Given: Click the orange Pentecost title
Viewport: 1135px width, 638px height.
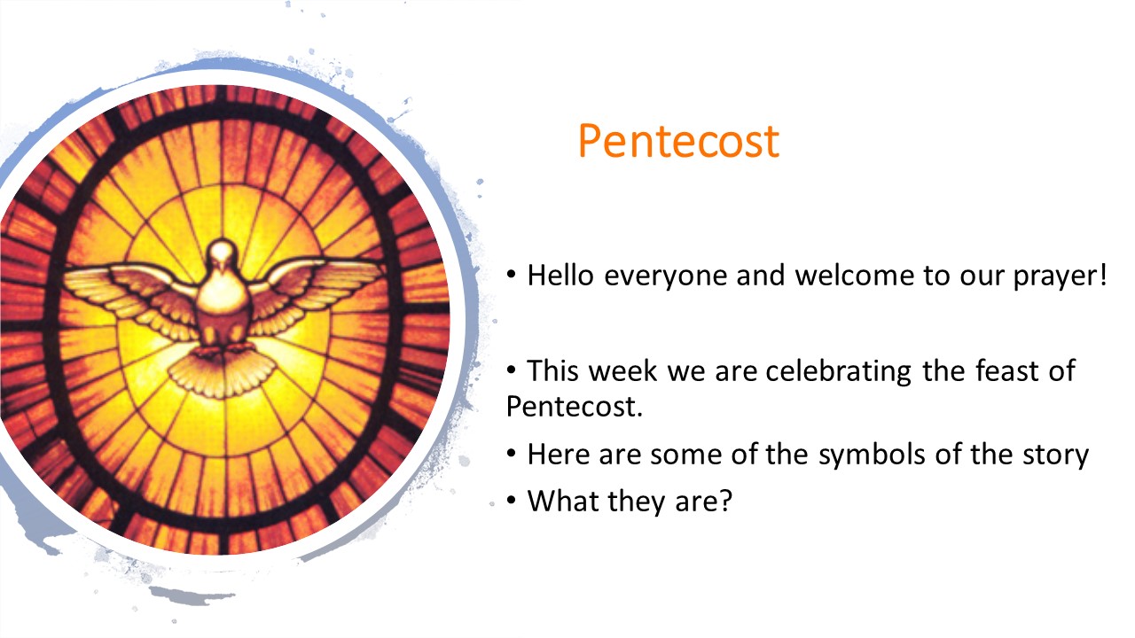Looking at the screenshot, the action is point(678,140).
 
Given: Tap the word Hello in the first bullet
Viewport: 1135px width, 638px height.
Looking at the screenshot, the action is point(560,275).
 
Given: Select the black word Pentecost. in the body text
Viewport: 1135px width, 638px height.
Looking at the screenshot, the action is point(575,406).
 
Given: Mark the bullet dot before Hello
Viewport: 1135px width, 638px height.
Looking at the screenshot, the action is point(512,275).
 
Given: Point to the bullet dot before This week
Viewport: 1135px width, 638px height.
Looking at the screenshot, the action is point(512,370).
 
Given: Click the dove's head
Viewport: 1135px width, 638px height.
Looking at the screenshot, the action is point(222,254).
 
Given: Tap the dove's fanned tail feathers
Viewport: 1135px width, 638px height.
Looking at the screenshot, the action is point(222,372).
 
